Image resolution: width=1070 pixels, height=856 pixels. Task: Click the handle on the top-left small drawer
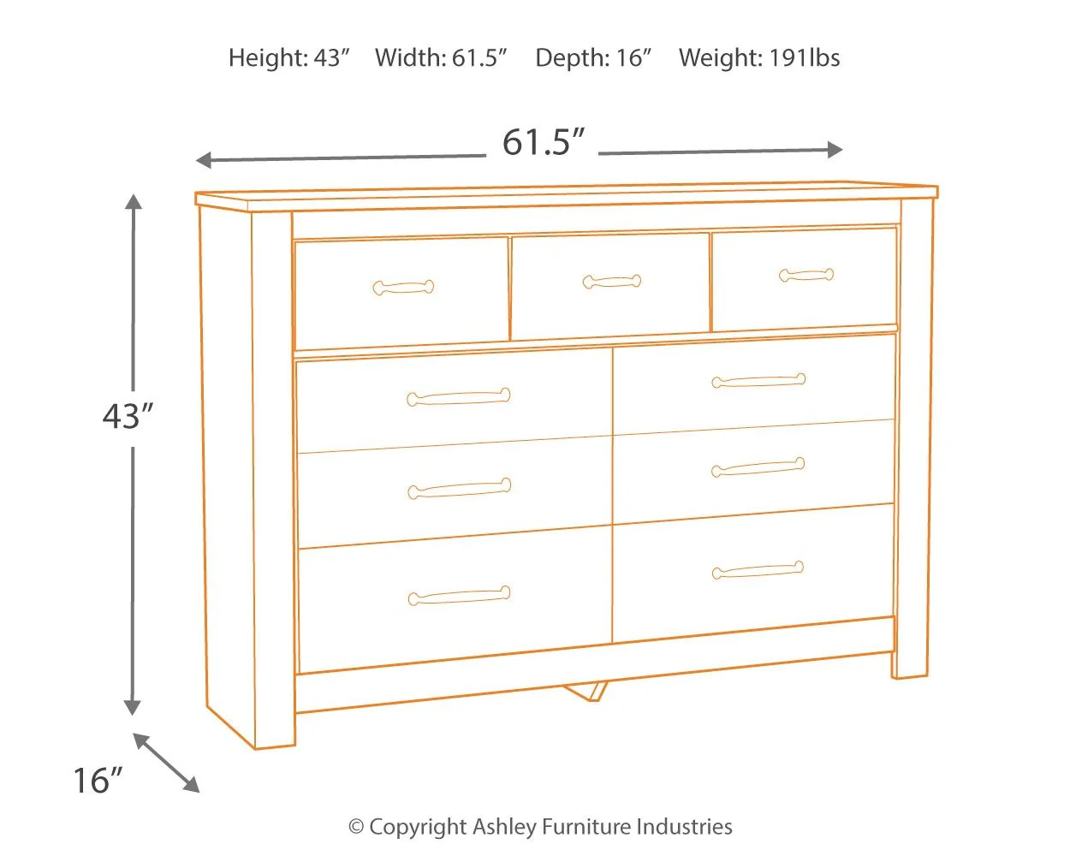coord(403,288)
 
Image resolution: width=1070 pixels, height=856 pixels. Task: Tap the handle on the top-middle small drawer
coord(611,281)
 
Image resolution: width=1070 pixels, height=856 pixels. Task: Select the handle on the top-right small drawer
coord(806,275)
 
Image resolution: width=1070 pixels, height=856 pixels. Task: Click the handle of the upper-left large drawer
coord(458,397)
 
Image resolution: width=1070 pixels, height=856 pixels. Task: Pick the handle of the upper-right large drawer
coord(758,381)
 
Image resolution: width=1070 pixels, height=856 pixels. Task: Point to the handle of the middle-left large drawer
coord(459,489)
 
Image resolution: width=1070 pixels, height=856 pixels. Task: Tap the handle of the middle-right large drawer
coord(758,467)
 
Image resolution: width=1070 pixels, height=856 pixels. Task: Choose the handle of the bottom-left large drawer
coord(459,596)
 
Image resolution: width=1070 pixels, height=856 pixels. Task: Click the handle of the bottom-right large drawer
coord(758,570)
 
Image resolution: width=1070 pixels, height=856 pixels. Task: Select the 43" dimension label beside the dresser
coord(128,417)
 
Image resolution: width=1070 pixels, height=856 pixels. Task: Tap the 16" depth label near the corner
coord(97,781)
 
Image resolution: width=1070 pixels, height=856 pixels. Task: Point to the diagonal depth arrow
coord(166,763)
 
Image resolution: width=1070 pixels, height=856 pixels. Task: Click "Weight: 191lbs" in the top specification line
coord(759,58)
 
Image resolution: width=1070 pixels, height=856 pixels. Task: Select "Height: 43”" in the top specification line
coord(289,58)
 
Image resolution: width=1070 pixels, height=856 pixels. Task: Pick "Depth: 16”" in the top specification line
coord(593,58)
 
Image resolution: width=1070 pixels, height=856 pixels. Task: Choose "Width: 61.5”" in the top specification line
coord(441,58)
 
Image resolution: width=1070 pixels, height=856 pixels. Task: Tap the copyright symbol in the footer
coord(356,827)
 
